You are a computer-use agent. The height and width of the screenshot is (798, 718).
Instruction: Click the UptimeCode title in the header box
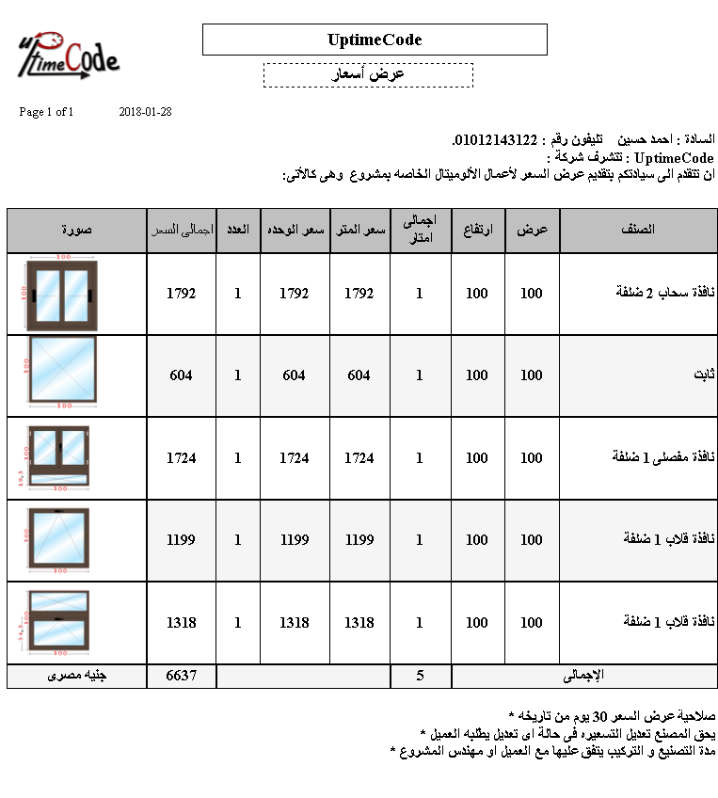pyautogui.click(x=375, y=40)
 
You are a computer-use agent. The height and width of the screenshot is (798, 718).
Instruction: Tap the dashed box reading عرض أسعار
pyautogui.click(x=368, y=74)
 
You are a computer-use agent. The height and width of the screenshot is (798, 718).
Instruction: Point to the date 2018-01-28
pyautogui.click(x=146, y=112)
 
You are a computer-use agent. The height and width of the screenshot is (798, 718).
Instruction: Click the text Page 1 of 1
pyautogui.click(x=46, y=112)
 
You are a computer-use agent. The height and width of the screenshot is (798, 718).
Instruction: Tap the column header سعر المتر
pyautogui.click(x=359, y=230)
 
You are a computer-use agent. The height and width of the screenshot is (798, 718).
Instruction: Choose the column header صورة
pyautogui.click(x=76, y=230)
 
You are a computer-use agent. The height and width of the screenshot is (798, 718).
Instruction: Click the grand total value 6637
pyautogui.click(x=182, y=676)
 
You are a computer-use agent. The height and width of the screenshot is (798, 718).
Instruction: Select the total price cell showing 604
pyautogui.click(x=182, y=375)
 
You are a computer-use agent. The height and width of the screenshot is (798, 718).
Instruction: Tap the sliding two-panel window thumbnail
pyautogui.click(x=61, y=294)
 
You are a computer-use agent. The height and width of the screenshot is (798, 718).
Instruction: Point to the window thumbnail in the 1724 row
pyautogui.click(x=59, y=458)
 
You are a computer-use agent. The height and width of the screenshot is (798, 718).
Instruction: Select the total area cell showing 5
pyautogui.click(x=420, y=676)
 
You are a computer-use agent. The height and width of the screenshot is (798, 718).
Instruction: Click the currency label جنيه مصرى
pyautogui.click(x=76, y=676)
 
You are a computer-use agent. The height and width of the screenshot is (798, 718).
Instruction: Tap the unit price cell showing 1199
pyautogui.click(x=295, y=540)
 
